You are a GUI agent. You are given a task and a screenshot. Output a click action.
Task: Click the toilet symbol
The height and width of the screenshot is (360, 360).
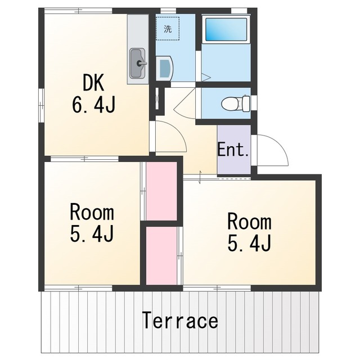point(236,103)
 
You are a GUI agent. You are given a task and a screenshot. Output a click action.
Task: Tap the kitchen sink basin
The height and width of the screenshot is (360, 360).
point(138,63)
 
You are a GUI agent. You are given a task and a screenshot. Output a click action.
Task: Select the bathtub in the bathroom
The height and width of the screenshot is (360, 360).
point(226,29)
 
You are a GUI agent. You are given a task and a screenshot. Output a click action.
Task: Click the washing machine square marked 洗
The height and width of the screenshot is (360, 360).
point(168,29)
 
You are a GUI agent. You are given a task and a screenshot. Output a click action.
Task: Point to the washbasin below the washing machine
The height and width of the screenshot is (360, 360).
point(164,68)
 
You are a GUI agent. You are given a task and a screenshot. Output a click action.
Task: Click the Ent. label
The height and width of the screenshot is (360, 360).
point(233,150)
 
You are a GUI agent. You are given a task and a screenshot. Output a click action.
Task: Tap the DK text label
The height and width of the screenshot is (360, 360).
point(93,83)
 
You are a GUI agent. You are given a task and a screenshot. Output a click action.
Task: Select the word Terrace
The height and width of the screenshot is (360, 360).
point(180,320)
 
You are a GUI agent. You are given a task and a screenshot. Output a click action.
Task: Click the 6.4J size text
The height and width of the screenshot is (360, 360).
point(94,105)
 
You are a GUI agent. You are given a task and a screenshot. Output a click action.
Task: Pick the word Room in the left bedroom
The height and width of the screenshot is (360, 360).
point(92,213)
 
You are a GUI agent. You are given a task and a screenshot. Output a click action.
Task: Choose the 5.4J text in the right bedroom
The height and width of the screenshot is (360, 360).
point(250,243)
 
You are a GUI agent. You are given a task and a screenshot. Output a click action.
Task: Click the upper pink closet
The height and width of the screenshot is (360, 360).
point(161,191)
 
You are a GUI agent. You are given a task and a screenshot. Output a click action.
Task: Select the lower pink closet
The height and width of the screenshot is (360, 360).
point(161,256)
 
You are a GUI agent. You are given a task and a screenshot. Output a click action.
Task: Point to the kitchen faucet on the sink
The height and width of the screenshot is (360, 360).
point(141,63)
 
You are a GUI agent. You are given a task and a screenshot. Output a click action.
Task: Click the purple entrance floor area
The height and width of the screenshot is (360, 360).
point(234,149)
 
